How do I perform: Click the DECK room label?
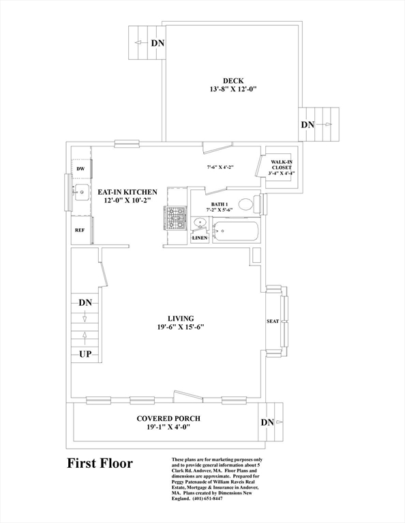tap(233, 81)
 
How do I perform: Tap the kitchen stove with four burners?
tap(176, 219)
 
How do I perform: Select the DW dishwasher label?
tap(80, 169)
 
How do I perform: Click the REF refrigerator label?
tap(80, 230)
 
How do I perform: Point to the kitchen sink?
tap(81, 193)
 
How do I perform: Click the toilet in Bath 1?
tap(250, 204)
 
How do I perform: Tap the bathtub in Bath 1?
tap(236, 232)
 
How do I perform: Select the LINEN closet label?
tap(200, 238)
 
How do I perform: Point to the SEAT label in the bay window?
tap(273, 321)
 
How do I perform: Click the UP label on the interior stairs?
tap(85, 354)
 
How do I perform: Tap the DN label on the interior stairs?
tap(85, 303)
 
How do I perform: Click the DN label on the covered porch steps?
tap(267, 423)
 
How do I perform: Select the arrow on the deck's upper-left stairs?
tap(141, 43)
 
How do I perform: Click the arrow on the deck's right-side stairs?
tap(325, 125)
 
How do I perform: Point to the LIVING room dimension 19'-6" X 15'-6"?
tap(181, 327)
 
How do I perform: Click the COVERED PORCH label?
tap(168, 418)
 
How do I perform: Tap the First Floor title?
tap(100, 463)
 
